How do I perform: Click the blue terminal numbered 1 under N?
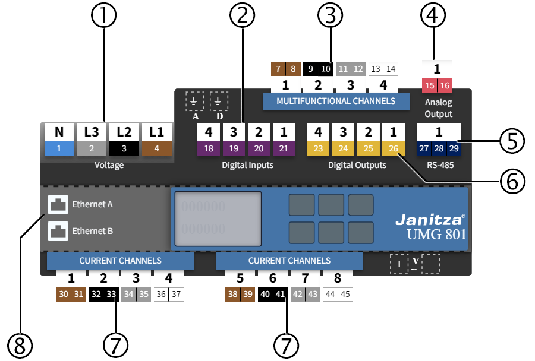coord(59,148)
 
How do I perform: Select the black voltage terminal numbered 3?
coord(124,148)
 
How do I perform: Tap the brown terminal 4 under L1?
coord(157,148)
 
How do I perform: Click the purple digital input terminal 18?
coord(209,148)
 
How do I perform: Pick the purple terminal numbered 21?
coord(284,148)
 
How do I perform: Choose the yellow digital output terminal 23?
coord(318,148)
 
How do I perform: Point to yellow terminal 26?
coord(393,148)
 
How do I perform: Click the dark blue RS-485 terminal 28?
coord(439,148)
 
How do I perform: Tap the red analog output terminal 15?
coord(429,86)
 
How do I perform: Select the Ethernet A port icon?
coord(58,204)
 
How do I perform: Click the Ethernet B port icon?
coord(58,230)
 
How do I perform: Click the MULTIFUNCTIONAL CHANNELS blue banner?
coord(336,101)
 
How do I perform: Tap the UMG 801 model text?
coord(436,234)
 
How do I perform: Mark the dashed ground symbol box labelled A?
coord(194,102)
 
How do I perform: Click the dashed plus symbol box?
coord(399,264)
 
